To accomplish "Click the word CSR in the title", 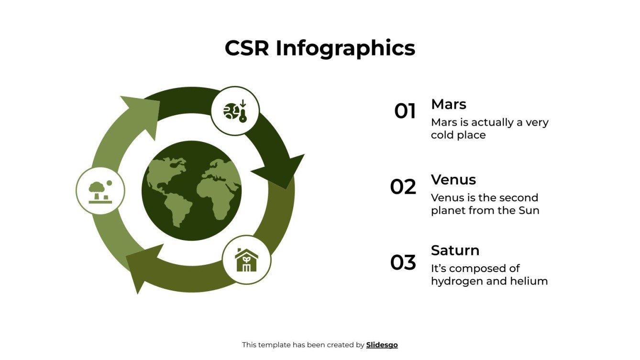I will (x=247, y=48).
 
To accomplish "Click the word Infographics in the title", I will (x=345, y=49).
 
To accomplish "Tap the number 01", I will (x=405, y=111).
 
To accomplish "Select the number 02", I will (x=403, y=187).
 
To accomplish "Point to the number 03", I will (x=403, y=262).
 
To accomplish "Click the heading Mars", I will (x=448, y=104).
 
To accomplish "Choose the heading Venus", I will (x=453, y=180).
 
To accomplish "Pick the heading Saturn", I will (x=455, y=251).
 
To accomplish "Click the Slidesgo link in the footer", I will (x=382, y=345).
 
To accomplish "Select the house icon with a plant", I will (x=246, y=260).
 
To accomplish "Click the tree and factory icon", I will (x=100, y=191).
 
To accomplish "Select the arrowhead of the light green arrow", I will (x=141, y=115).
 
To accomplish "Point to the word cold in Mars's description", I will (x=441, y=135).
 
